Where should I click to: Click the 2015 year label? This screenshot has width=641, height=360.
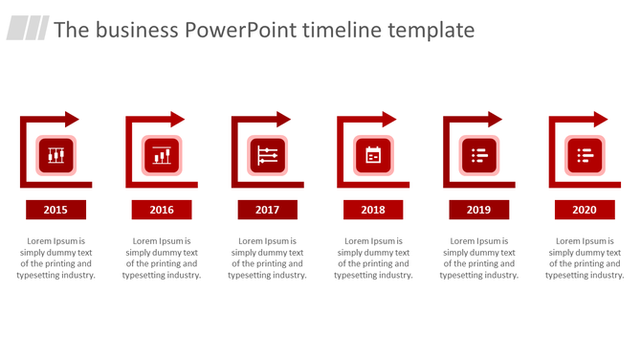click(55, 210)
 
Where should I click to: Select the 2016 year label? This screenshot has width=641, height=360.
click(162, 210)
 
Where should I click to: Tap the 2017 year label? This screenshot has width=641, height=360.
click(267, 210)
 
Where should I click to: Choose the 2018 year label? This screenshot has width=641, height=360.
click(373, 210)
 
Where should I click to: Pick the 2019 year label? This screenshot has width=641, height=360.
click(478, 210)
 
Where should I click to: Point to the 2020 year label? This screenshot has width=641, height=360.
click(585, 210)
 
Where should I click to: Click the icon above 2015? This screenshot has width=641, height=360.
click(56, 155)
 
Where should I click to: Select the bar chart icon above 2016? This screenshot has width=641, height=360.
click(162, 155)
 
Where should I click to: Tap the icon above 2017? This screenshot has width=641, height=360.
click(268, 155)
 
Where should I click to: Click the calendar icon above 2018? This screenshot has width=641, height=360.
click(373, 155)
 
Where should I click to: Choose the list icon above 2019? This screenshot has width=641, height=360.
click(479, 155)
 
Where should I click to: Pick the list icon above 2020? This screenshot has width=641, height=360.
click(585, 155)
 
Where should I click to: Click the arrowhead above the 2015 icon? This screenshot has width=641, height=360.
click(72, 120)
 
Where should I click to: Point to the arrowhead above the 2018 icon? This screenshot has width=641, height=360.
click(388, 120)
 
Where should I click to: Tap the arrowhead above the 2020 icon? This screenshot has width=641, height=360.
click(600, 120)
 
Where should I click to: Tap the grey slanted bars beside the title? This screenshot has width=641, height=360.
click(28, 29)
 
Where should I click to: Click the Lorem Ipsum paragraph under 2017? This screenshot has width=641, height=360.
click(267, 259)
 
